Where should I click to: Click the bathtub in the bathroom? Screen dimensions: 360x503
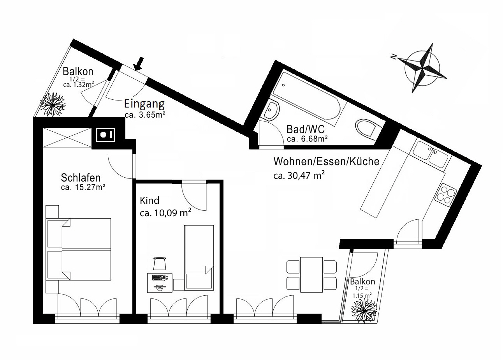click(x=308, y=95)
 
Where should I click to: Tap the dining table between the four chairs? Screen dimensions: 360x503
click(x=311, y=274)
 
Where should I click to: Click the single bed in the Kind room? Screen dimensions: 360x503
click(x=199, y=258)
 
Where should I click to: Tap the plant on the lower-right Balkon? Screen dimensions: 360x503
click(x=364, y=311)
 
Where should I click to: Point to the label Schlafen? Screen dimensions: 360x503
click(x=81, y=178)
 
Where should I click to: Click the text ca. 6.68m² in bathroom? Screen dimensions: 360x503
click(x=307, y=139)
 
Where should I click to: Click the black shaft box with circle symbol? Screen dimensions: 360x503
click(x=106, y=135)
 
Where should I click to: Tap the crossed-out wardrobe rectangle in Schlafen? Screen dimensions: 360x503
click(x=67, y=138)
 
